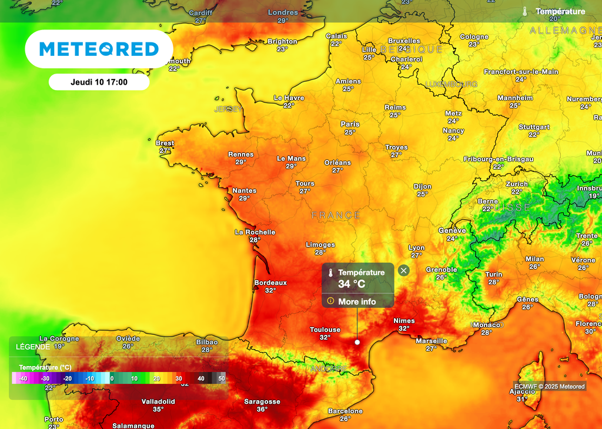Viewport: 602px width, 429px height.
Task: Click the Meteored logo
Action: click(x=99, y=49)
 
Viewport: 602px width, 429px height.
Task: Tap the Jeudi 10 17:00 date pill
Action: click(x=99, y=82)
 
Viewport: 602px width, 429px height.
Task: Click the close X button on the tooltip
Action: click(x=403, y=271)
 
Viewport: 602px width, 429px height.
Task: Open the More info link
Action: click(x=356, y=302)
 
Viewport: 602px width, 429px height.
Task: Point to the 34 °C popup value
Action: click(x=352, y=284)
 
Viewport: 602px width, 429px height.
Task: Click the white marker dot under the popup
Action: click(x=357, y=342)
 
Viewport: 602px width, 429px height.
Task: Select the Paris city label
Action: click(x=350, y=124)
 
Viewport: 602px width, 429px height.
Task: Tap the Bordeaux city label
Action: click(x=270, y=282)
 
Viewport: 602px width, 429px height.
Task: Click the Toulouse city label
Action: click(x=325, y=330)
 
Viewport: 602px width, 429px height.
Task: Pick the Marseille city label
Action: click(x=432, y=341)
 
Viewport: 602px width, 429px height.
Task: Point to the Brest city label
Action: click(x=165, y=143)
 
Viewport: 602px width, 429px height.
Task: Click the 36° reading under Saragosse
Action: click(x=262, y=410)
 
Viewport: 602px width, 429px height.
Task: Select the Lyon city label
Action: click(x=416, y=248)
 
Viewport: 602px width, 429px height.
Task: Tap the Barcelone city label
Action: click(x=345, y=411)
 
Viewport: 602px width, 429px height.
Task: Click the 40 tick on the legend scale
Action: click(x=201, y=379)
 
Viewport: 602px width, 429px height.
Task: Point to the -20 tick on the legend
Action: click(x=67, y=379)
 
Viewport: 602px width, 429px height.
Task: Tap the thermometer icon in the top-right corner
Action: click(x=525, y=11)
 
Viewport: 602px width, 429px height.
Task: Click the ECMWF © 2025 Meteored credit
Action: click(x=550, y=387)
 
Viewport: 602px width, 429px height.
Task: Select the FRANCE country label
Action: click(x=336, y=215)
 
